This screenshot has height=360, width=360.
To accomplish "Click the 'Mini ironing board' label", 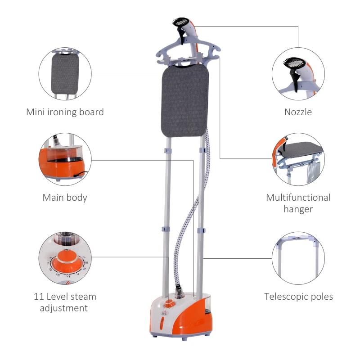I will click(x=65, y=112).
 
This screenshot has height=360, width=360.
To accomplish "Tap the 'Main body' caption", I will click(x=65, y=198).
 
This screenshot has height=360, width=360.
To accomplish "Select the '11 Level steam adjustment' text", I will click(x=65, y=302).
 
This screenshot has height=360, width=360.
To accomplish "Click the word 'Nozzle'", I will click(x=298, y=112).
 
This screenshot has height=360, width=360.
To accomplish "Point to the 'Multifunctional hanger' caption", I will click(x=298, y=203).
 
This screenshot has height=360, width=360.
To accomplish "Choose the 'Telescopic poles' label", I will click(x=298, y=297).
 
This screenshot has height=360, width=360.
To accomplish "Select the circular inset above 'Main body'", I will click(x=65, y=159).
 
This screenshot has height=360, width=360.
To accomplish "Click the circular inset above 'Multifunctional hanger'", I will click(x=298, y=159).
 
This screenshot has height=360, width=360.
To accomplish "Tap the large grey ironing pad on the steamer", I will click(x=184, y=99).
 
